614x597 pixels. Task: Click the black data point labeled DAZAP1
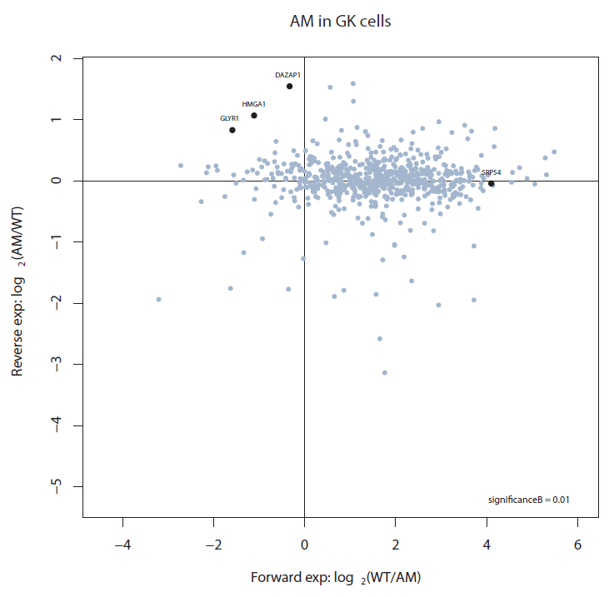tap(289, 86)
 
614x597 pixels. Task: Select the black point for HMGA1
tap(254, 115)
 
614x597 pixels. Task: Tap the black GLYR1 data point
tap(232, 130)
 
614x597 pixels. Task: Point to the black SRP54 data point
tap(492, 183)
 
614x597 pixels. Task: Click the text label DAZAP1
tap(287, 75)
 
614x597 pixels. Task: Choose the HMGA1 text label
tap(253, 104)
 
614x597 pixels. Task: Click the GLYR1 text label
tap(230, 119)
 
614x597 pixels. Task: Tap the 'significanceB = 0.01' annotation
tap(528, 500)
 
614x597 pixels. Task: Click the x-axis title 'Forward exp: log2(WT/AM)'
tap(341, 577)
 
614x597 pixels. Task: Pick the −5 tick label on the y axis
tap(57, 486)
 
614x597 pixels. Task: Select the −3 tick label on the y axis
tap(57, 364)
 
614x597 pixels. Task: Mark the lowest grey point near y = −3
tap(385, 372)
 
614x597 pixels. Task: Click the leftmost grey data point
tap(158, 299)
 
